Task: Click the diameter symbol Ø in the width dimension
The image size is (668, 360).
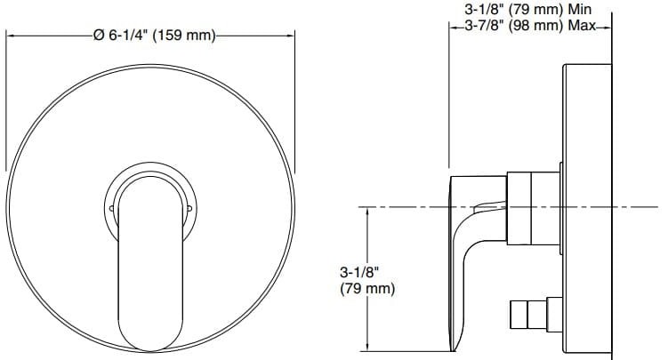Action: tap(99, 36)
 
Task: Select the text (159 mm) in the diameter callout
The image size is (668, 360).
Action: tap(182, 36)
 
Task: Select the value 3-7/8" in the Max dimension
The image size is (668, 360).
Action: tap(486, 27)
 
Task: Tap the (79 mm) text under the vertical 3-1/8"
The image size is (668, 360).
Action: tap(366, 289)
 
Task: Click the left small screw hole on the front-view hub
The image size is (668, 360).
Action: tap(110, 209)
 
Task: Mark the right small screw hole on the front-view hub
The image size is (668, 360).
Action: tap(189, 209)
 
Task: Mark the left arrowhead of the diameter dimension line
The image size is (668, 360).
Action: tap(12, 36)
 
